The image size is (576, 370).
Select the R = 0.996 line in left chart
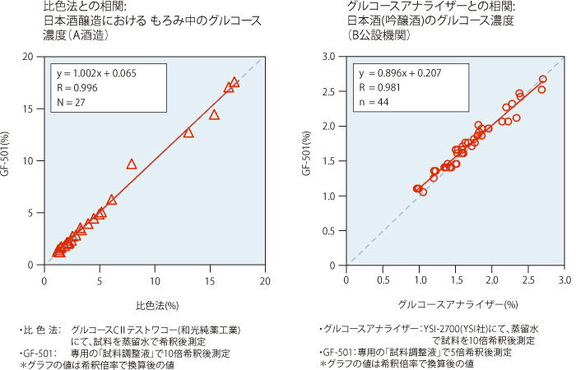tap(76, 87)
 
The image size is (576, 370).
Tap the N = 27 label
tap(72, 102)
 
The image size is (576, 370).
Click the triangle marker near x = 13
tap(188, 132)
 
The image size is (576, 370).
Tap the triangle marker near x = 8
tap(132, 164)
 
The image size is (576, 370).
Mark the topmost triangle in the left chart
tap(235, 82)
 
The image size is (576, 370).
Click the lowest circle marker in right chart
tap(423, 192)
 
